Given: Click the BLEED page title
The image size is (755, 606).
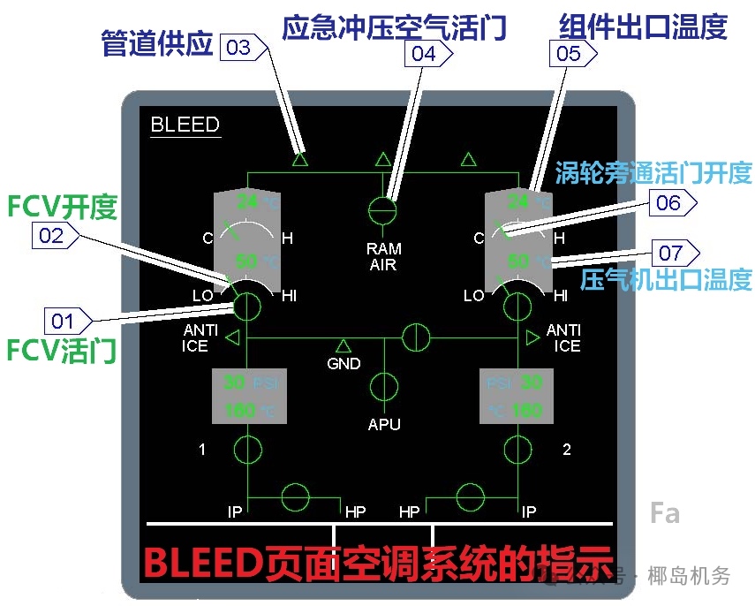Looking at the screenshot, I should pyautogui.click(x=185, y=125).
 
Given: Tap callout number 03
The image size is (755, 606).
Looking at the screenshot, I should pyautogui.click(x=239, y=48).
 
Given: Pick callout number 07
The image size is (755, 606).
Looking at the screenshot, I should pyautogui.click(x=671, y=254).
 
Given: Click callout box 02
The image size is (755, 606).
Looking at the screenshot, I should pyautogui.click(x=54, y=235).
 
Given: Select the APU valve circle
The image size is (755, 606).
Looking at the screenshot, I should pyautogui.click(x=384, y=387).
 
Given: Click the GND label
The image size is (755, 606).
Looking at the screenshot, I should pyautogui.click(x=344, y=363).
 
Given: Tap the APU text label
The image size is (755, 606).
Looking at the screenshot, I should pyautogui.click(x=384, y=425).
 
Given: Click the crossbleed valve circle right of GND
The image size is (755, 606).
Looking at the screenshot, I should pyautogui.click(x=415, y=337).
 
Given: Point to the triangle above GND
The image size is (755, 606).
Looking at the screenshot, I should pyautogui.click(x=344, y=345).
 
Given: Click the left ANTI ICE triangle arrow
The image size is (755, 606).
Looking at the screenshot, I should pyautogui.click(x=232, y=337).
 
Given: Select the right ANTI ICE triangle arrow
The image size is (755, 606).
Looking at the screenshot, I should pyautogui.click(x=532, y=337).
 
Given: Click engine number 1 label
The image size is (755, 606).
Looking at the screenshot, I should pyautogui.click(x=202, y=450).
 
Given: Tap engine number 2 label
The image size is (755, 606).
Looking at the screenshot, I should pyautogui.click(x=566, y=450).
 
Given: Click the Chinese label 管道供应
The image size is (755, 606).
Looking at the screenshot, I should pyautogui.click(x=157, y=44).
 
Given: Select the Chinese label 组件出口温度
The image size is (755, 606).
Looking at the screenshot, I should pyautogui.click(x=643, y=27).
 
